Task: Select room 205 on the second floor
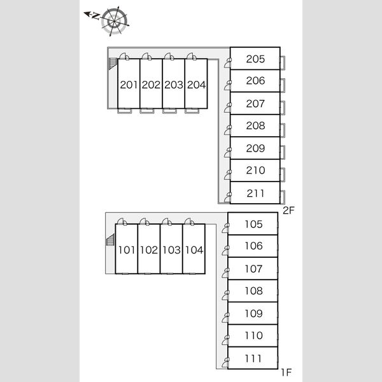(255, 59)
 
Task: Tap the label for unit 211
(255, 193)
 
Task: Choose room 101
(127, 250)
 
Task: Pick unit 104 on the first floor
(194, 250)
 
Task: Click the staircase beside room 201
(113, 64)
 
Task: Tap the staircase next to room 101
(110, 241)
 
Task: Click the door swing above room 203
(168, 56)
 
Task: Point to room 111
(253, 358)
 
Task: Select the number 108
(253, 291)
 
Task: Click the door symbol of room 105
(226, 230)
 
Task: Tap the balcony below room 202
(147, 111)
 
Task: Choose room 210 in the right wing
(255, 171)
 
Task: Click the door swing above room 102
(145, 222)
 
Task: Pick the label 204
(196, 85)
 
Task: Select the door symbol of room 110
(226, 341)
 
